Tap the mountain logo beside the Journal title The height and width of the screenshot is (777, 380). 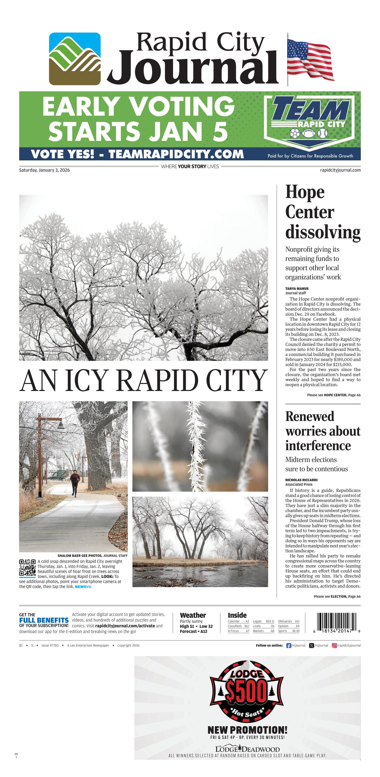(75, 59)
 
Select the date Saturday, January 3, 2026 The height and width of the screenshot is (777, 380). (44, 170)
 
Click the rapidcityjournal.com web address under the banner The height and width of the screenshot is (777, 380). (340, 170)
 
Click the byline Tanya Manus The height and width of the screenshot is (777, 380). (297, 288)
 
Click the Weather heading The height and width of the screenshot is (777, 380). (193, 615)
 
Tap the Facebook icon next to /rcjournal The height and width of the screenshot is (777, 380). (288, 645)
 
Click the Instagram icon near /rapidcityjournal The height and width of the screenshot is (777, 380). (334, 645)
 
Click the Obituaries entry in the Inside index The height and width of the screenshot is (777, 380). (285, 621)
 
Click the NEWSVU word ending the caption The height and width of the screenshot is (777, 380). (83, 587)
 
